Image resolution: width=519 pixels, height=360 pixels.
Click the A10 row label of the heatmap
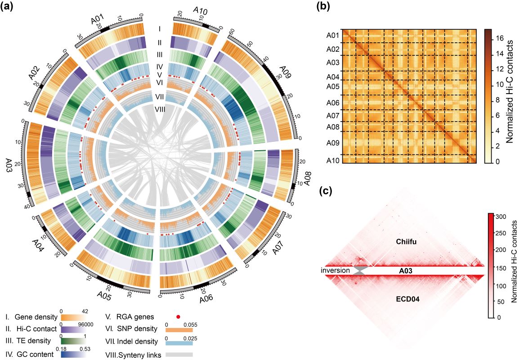333,161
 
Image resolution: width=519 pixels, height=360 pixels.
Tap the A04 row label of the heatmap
333,76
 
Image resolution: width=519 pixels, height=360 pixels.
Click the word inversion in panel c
336,270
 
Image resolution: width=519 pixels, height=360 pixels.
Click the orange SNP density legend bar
179,330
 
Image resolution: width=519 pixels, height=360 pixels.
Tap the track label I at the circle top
160,29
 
